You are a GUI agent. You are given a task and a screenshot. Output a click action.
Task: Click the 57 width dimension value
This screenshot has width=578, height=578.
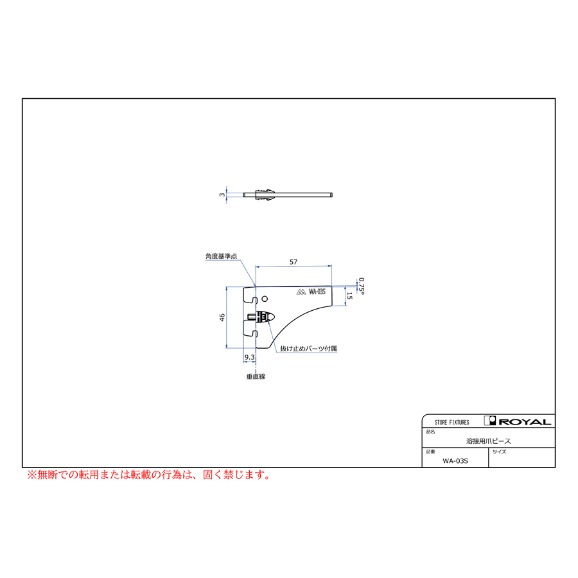293,262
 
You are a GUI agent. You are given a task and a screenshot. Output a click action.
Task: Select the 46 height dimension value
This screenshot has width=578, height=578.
222,317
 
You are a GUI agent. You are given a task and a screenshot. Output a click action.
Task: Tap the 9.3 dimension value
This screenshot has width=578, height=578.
250,357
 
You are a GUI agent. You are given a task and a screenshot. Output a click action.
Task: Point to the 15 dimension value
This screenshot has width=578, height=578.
349,295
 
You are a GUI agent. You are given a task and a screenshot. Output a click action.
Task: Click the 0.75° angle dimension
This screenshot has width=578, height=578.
361,286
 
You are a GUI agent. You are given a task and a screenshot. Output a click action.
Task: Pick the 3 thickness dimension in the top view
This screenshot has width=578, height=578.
222,195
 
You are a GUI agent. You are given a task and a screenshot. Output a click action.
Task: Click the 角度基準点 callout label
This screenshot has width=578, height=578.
221,256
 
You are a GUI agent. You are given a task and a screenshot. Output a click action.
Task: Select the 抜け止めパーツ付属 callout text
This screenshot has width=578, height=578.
308,348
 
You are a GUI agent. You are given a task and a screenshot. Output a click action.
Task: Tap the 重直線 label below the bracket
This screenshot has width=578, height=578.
256,376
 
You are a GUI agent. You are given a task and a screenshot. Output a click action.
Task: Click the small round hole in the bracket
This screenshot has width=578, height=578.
265,299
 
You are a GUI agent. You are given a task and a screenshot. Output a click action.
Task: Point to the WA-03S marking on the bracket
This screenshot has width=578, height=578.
317,292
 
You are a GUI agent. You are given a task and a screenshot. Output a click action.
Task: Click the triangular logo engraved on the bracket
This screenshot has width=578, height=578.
301,292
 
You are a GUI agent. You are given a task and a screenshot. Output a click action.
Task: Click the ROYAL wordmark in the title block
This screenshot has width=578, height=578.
525,422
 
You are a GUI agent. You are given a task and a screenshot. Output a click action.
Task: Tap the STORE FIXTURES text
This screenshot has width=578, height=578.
452,423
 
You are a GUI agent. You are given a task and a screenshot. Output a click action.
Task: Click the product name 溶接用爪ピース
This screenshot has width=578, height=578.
489,441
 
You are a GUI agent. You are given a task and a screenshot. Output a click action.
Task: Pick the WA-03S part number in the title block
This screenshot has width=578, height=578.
455,460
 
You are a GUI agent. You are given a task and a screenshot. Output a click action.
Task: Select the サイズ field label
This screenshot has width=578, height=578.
500,451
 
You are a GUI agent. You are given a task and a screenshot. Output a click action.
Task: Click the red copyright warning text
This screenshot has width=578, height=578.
149,475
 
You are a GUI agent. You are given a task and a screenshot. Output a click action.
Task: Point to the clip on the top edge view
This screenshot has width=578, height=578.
265,195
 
